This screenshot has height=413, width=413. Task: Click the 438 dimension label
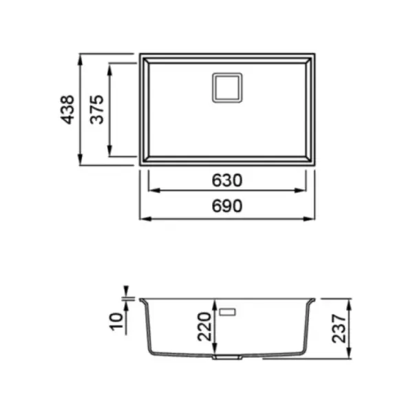67,109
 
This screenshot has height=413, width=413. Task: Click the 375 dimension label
96,109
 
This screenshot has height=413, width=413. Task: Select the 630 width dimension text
226,180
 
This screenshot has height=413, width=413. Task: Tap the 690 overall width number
226,206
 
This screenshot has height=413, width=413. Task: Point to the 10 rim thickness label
116,321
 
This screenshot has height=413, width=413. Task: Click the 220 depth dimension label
204,326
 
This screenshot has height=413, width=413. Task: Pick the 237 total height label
339,328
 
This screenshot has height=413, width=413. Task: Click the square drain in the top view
227,87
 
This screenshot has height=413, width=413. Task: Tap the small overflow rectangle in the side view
228,312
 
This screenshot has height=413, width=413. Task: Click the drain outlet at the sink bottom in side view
227,357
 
